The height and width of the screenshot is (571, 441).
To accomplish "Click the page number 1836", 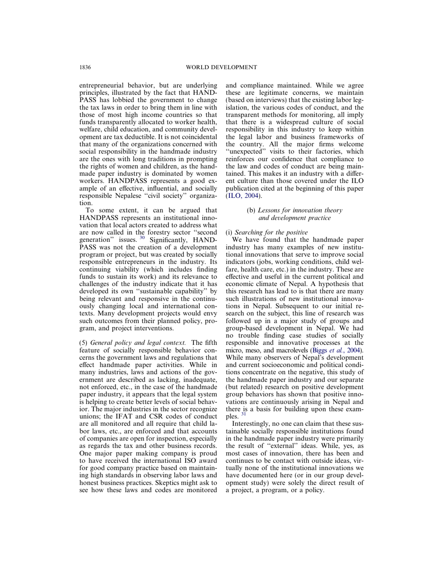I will (x=85, y=67).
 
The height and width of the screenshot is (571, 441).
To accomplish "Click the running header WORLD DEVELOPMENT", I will (x=221, y=67).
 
